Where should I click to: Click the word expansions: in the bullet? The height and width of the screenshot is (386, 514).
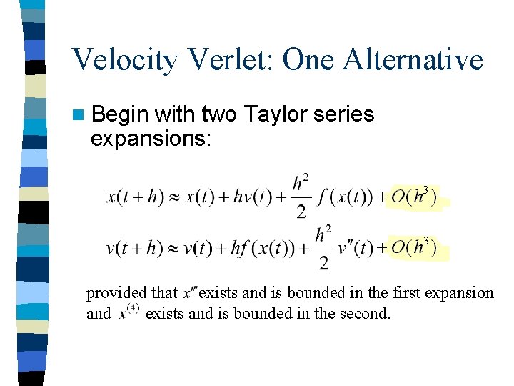tap(151, 138)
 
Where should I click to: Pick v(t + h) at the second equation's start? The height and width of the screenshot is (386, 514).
tap(134, 249)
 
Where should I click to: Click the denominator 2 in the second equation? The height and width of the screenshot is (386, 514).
tap(323, 263)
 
